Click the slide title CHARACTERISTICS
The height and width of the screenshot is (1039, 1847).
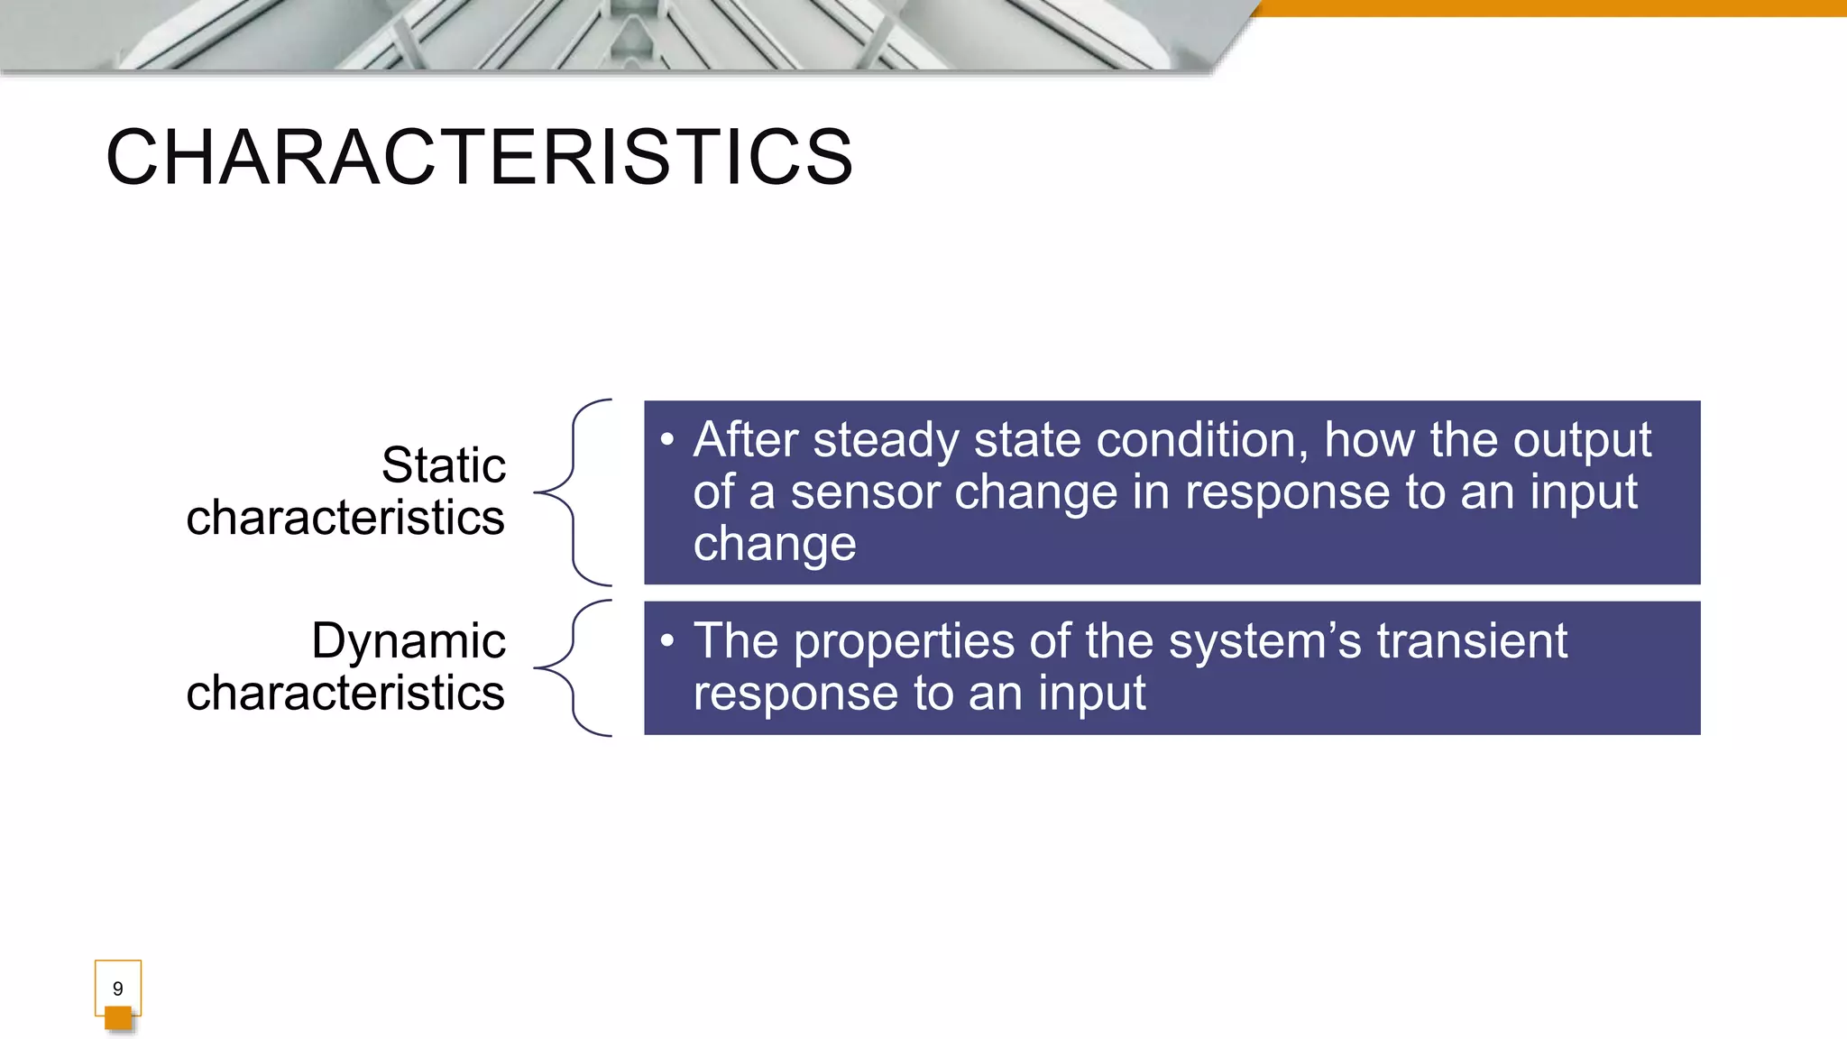click(479, 158)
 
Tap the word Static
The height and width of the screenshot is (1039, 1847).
click(443, 465)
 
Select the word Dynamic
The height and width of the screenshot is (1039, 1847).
click(408, 641)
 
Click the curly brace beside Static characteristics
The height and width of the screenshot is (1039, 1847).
click(574, 492)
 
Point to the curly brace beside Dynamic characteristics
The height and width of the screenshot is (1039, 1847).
click(574, 667)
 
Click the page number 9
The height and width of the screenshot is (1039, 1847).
click(117, 988)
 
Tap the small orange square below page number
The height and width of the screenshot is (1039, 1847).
click(118, 1018)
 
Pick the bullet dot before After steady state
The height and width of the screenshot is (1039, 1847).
click(666, 440)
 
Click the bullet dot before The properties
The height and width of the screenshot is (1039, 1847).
click(666, 641)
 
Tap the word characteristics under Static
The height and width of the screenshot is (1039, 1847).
click(345, 518)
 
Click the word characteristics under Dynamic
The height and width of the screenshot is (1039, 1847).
click(345, 693)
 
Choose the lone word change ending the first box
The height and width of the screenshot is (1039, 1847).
click(774, 544)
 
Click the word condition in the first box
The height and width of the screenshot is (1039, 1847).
click(1201, 440)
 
